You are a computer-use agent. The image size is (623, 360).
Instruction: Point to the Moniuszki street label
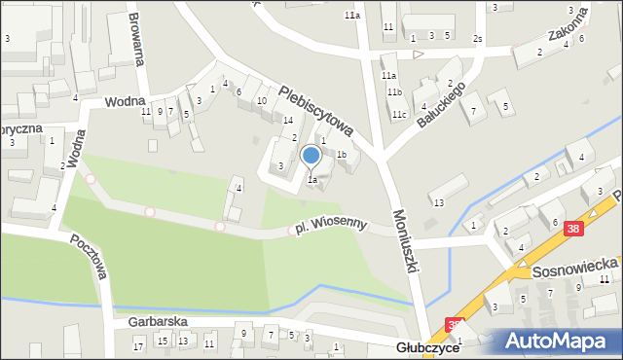[406, 239]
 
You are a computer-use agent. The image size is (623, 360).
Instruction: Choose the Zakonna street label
[567, 42]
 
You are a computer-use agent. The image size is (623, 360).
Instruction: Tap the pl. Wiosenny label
[331, 226]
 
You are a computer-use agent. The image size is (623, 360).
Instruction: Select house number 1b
[342, 154]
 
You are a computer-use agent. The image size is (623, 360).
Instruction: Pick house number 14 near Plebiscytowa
[275, 120]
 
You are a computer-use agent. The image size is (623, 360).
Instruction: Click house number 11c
[399, 114]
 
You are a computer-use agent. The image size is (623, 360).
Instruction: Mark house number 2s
[477, 39]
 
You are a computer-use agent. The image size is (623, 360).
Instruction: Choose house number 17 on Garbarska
[138, 345]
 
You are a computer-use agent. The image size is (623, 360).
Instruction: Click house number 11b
[394, 91]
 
